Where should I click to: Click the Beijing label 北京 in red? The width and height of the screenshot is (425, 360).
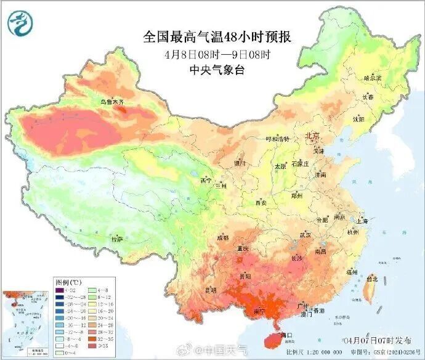point(312,136)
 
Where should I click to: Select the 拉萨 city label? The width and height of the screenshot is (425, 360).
point(116,239)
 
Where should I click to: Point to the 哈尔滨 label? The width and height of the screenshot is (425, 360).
point(373,78)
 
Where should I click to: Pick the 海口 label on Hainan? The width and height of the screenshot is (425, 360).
point(285,335)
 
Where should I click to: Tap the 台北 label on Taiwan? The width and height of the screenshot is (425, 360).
point(371,279)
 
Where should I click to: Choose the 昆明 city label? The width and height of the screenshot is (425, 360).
point(211,289)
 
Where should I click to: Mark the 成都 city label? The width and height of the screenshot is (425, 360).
point(222,237)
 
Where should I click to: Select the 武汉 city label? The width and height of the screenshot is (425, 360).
point(306,235)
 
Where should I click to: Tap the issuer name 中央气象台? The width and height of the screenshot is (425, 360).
point(217,70)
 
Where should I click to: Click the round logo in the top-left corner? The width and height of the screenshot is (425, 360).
point(20,23)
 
